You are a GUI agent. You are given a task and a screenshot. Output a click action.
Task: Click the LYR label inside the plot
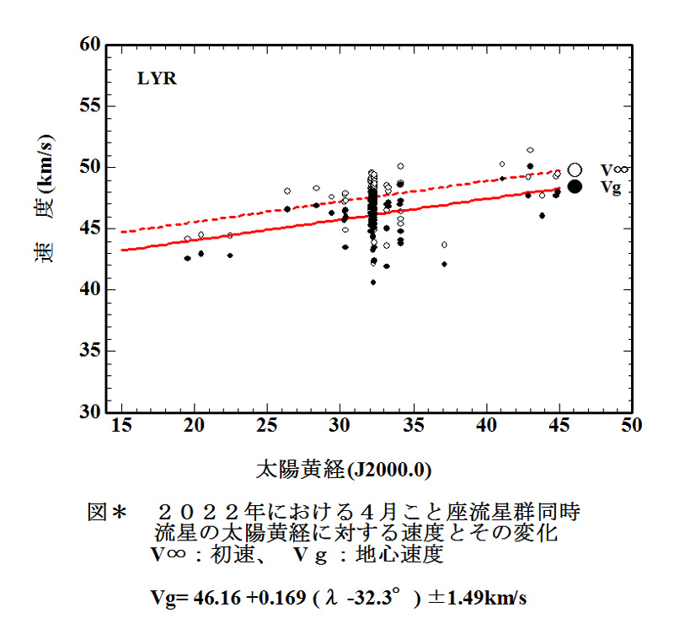pyautogui.click(x=157, y=81)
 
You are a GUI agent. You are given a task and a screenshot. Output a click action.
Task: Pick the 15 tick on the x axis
pyautogui.click(x=122, y=427)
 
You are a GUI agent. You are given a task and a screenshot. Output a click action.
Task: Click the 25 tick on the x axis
pyautogui.click(x=267, y=427)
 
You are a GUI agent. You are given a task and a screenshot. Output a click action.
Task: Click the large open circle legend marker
pyautogui.click(x=575, y=169)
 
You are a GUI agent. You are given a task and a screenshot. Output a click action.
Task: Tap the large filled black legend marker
pyautogui.click(x=575, y=186)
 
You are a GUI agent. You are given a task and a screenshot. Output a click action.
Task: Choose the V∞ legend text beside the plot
pyautogui.click(x=613, y=170)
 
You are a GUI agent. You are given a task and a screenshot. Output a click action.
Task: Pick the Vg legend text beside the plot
pyautogui.click(x=611, y=187)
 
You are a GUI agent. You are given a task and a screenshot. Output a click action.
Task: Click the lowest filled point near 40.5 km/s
pyautogui.click(x=373, y=282)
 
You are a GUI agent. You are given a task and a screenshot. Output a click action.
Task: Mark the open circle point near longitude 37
pyautogui.click(x=444, y=245)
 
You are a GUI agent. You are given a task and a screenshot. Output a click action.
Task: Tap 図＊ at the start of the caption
pyautogui.click(x=106, y=512)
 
